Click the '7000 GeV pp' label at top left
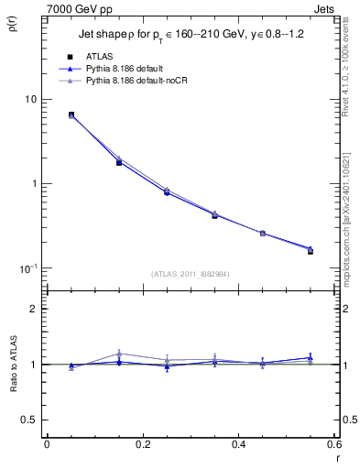click(x=80, y=8)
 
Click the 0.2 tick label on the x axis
click(x=142, y=444)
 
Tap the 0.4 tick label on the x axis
click(x=238, y=444)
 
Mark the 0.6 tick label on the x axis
click(x=334, y=444)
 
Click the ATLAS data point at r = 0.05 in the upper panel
click(x=71, y=115)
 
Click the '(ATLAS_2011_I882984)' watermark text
click(x=191, y=274)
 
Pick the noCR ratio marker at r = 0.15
click(x=119, y=354)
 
